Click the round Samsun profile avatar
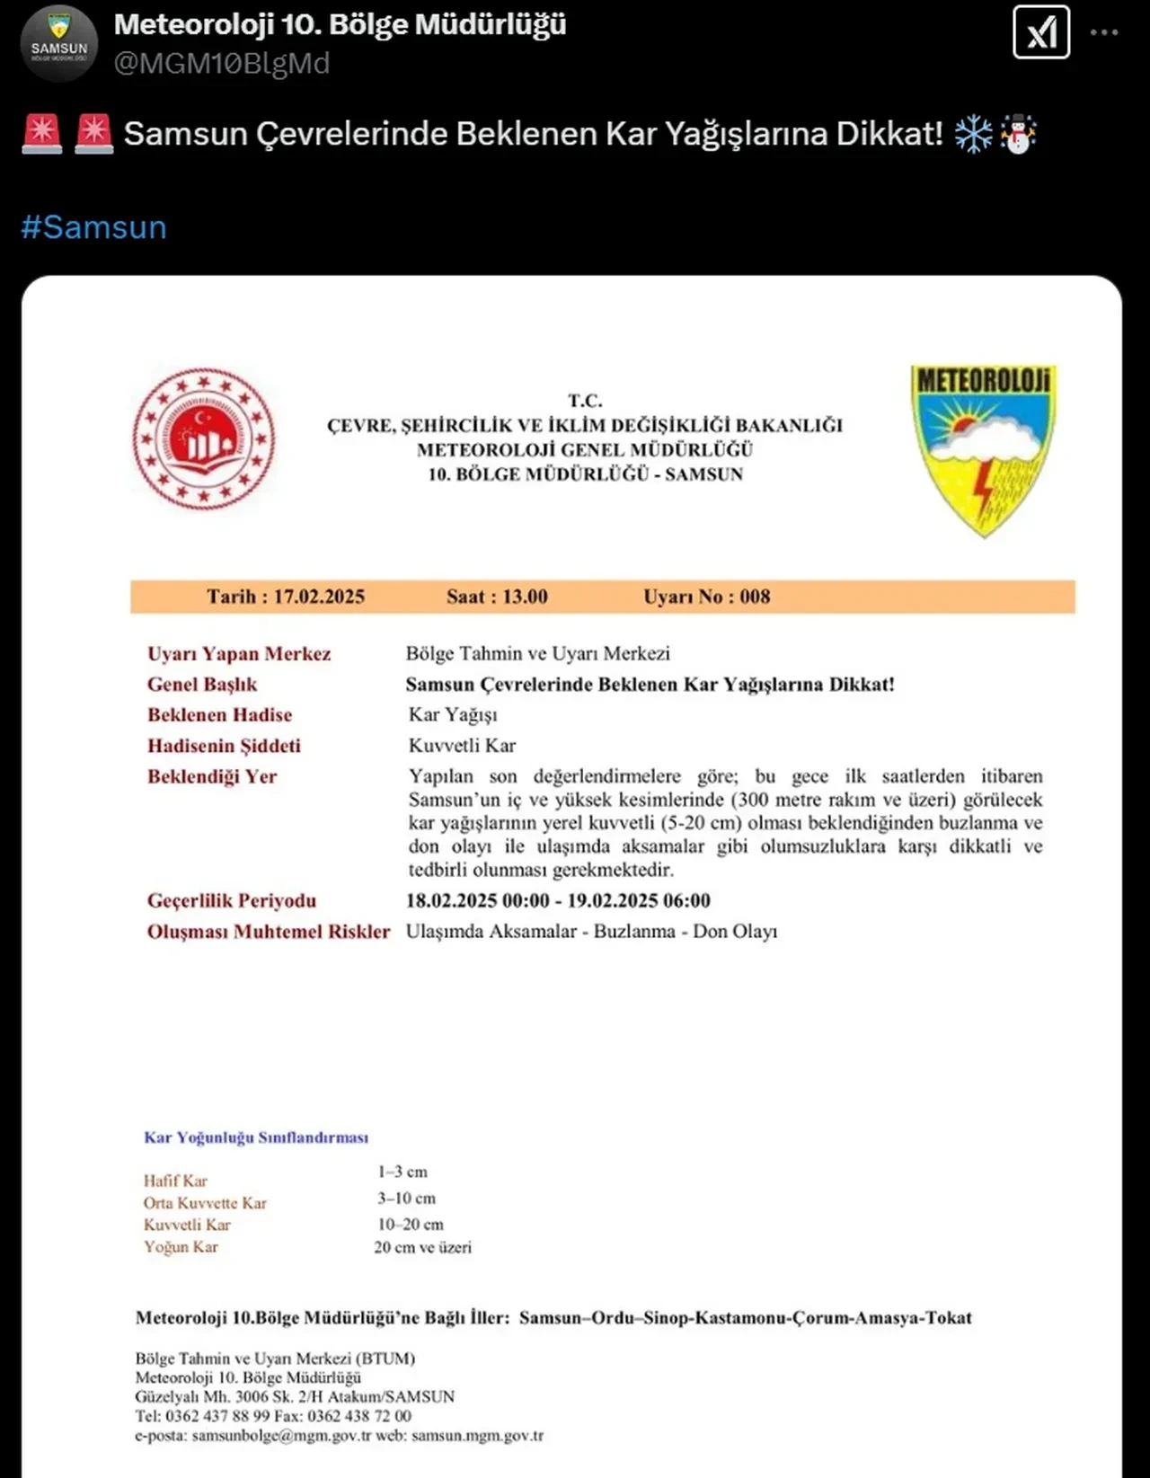(59, 43)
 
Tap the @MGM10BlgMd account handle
(222, 64)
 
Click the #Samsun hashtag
(94, 227)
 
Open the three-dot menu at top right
(1104, 32)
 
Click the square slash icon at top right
(1041, 32)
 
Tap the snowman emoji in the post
(1019, 134)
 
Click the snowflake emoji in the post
(972, 134)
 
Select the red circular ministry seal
(204, 439)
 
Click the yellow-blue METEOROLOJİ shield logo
(984, 449)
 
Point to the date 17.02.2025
(319, 597)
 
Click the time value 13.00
(525, 597)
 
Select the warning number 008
(755, 597)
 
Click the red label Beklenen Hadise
(220, 715)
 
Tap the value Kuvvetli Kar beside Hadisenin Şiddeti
(462, 746)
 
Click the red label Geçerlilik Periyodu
(232, 900)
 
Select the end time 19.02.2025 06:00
(639, 900)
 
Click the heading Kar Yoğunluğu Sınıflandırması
(256, 1137)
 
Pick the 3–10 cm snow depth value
(406, 1199)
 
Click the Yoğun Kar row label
(181, 1247)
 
